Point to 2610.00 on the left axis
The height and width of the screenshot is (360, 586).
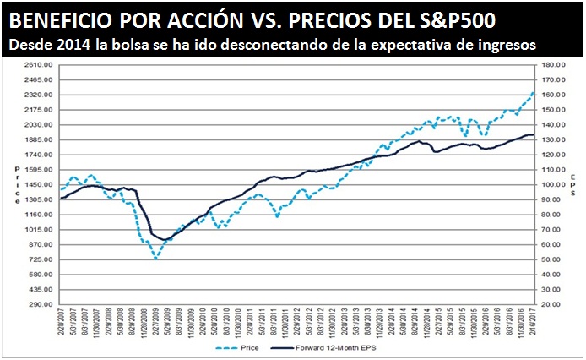tap(40, 64)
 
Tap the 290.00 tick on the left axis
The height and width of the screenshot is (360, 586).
tap(42, 303)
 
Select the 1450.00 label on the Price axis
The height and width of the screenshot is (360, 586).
tap(40, 184)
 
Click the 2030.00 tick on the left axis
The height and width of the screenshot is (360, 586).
tap(40, 124)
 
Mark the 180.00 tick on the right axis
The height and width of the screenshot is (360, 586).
tap(553, 64)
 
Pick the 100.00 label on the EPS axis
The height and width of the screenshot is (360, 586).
tap(553, 184)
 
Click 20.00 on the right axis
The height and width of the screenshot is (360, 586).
tap(555, 303)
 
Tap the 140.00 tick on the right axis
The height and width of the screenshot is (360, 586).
tap(553, 124)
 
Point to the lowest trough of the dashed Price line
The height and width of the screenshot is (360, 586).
tap(156, 258)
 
